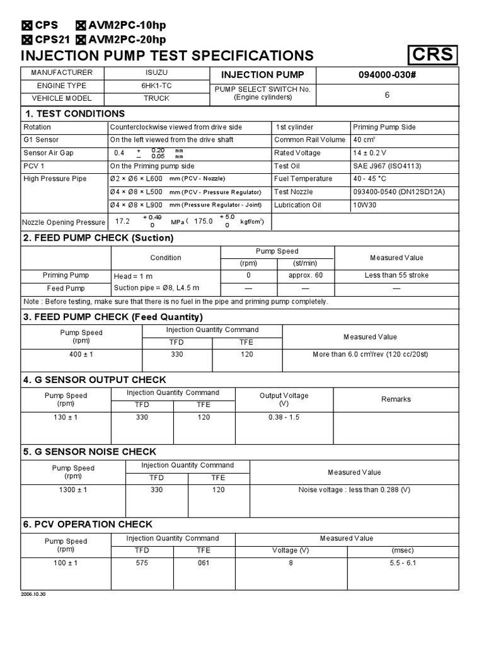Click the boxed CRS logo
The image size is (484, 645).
[432, 55]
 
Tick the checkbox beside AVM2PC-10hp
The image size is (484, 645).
[81, 26]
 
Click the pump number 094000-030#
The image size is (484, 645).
[387, 74]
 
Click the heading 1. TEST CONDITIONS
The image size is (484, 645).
[74, 113]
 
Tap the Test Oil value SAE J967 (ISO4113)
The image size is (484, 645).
[387, 166]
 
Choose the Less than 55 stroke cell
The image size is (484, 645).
[396, 275]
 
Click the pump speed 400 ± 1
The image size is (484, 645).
[81, 355]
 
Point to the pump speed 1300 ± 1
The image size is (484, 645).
[74, 490]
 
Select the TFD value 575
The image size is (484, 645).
[142, 563]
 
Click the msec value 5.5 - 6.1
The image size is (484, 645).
[403, 563]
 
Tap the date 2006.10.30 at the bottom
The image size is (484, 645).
[34, 595]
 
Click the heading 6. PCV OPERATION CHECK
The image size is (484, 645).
[88, 524]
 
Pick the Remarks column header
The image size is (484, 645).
[396, 399]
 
